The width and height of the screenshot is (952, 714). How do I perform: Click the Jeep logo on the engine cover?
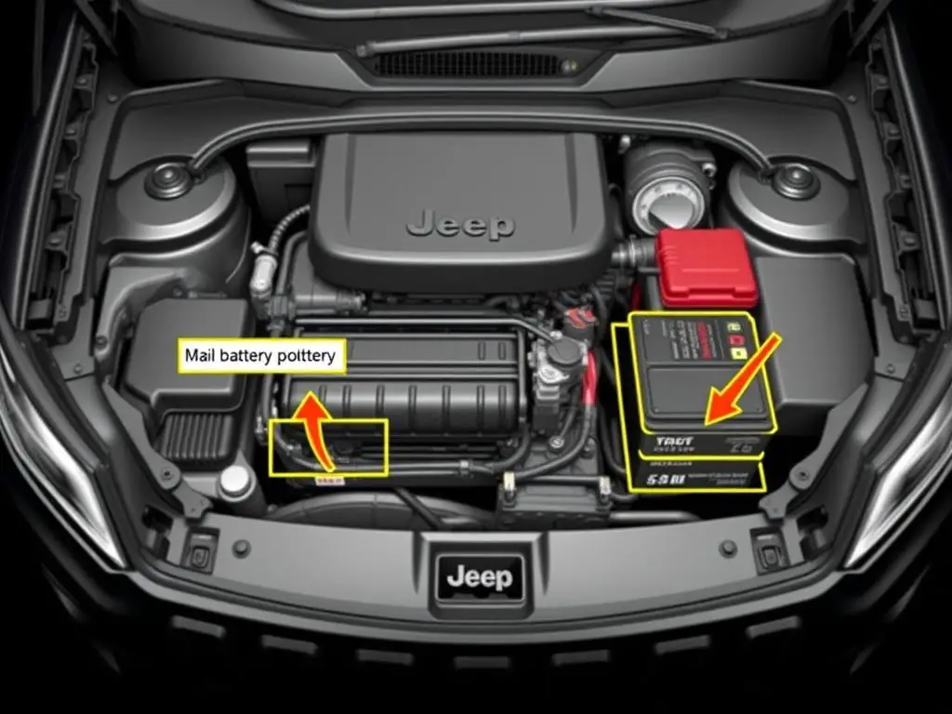click(x=460, y=224)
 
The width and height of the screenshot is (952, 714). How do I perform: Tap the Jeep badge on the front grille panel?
click(x=478, y=577)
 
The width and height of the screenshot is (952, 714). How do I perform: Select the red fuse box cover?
click(x=707, y=268)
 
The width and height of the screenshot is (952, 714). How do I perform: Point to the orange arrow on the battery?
click(x=742, y=380)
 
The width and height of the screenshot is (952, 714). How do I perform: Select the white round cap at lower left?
click(x=235, y=481)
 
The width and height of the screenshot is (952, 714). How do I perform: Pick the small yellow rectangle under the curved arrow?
click(x=328, y=482)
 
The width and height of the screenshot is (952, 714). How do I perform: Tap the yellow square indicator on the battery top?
click(x=738, y=354)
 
